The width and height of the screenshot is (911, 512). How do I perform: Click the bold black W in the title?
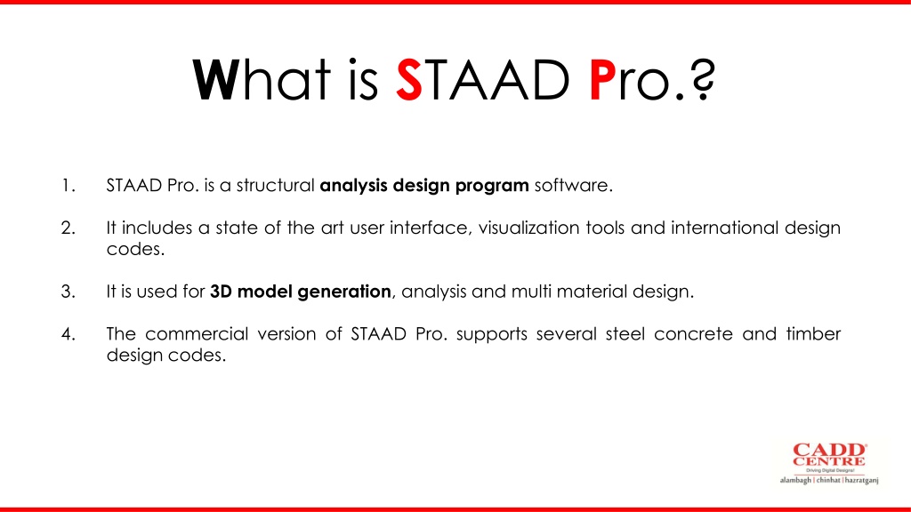click(x=215, y=80)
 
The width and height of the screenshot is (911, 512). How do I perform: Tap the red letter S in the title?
click(x=409, y=80)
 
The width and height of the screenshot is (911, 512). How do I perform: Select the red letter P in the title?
click(x=602, y=80)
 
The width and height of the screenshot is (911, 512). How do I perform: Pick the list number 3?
click(x=68, y=292)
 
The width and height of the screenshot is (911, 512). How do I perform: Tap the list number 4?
click(x=68, y=334)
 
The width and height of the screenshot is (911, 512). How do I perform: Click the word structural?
click(x=276, y=185)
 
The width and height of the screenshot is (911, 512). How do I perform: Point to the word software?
click(x=574, y=185)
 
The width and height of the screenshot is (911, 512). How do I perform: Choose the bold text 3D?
click(x=221, y=292)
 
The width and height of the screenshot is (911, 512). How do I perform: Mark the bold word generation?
click(x=344, y=292)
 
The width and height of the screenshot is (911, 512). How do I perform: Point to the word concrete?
click(x=693, y=334)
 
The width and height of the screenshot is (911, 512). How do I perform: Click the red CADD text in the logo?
click(x=829, y=450)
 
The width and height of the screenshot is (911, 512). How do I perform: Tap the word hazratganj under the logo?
click(x=861, y=481)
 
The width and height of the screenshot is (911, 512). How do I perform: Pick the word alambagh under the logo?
click(x=795, y=481)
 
